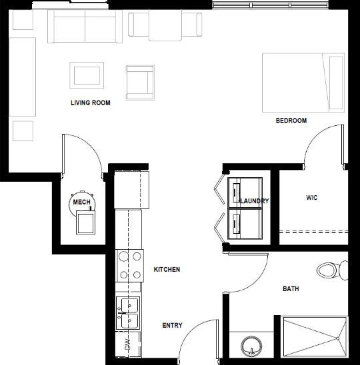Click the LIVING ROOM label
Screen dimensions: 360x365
[x=91, y=103]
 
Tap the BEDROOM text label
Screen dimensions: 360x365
[x=291, y=121]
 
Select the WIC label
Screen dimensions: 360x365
[x=312, y=198]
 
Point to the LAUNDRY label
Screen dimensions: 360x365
[x=255, y=200]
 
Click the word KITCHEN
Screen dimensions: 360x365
[x=167, y=269]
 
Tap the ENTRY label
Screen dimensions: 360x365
[x=172, y=325]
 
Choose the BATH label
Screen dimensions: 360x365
[x=291, y=288]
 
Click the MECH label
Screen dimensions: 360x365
[x=81, y=202]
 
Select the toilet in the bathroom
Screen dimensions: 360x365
[x=333, y=270]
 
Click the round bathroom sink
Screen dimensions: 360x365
[x=251, y=346]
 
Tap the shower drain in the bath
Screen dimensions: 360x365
[x=337, y=338]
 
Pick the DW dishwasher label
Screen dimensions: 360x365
[x=128, y=344]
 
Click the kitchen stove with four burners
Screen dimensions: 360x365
[x=129, y=266]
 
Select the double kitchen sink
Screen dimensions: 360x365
[x=128, y=313]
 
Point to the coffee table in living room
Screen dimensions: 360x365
[x=87, y=75]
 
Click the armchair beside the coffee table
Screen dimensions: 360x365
[x=140, y=83]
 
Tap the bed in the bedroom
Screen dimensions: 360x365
[x=303, y=83]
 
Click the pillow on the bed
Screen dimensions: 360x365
[x=336, y=83]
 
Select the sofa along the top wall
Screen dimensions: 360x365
[x=85, y=27]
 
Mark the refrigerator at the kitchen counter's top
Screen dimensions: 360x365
[x=131, y=190]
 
